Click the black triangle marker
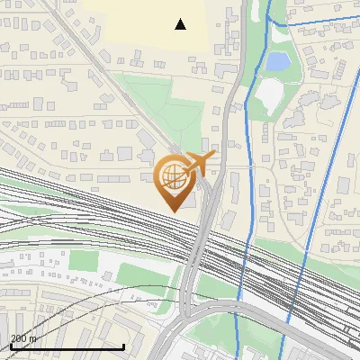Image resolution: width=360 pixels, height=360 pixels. pos(181,24)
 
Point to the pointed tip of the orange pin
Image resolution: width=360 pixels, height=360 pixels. pos(172,211)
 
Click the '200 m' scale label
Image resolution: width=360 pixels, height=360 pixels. pos(23,337)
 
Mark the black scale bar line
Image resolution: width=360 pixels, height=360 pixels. pos(67,346)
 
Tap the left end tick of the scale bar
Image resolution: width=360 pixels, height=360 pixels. pos(11,344)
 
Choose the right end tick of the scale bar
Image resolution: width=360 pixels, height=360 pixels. pos(123,344)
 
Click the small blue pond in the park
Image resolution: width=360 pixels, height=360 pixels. pos(277,61)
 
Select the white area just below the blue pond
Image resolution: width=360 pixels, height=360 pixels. pos(269,92)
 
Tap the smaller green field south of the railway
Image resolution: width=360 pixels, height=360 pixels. pos(84,261)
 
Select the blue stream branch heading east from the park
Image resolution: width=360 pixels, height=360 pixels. pos(315,22)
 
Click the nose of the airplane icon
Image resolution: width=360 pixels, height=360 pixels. pos(214,157)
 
